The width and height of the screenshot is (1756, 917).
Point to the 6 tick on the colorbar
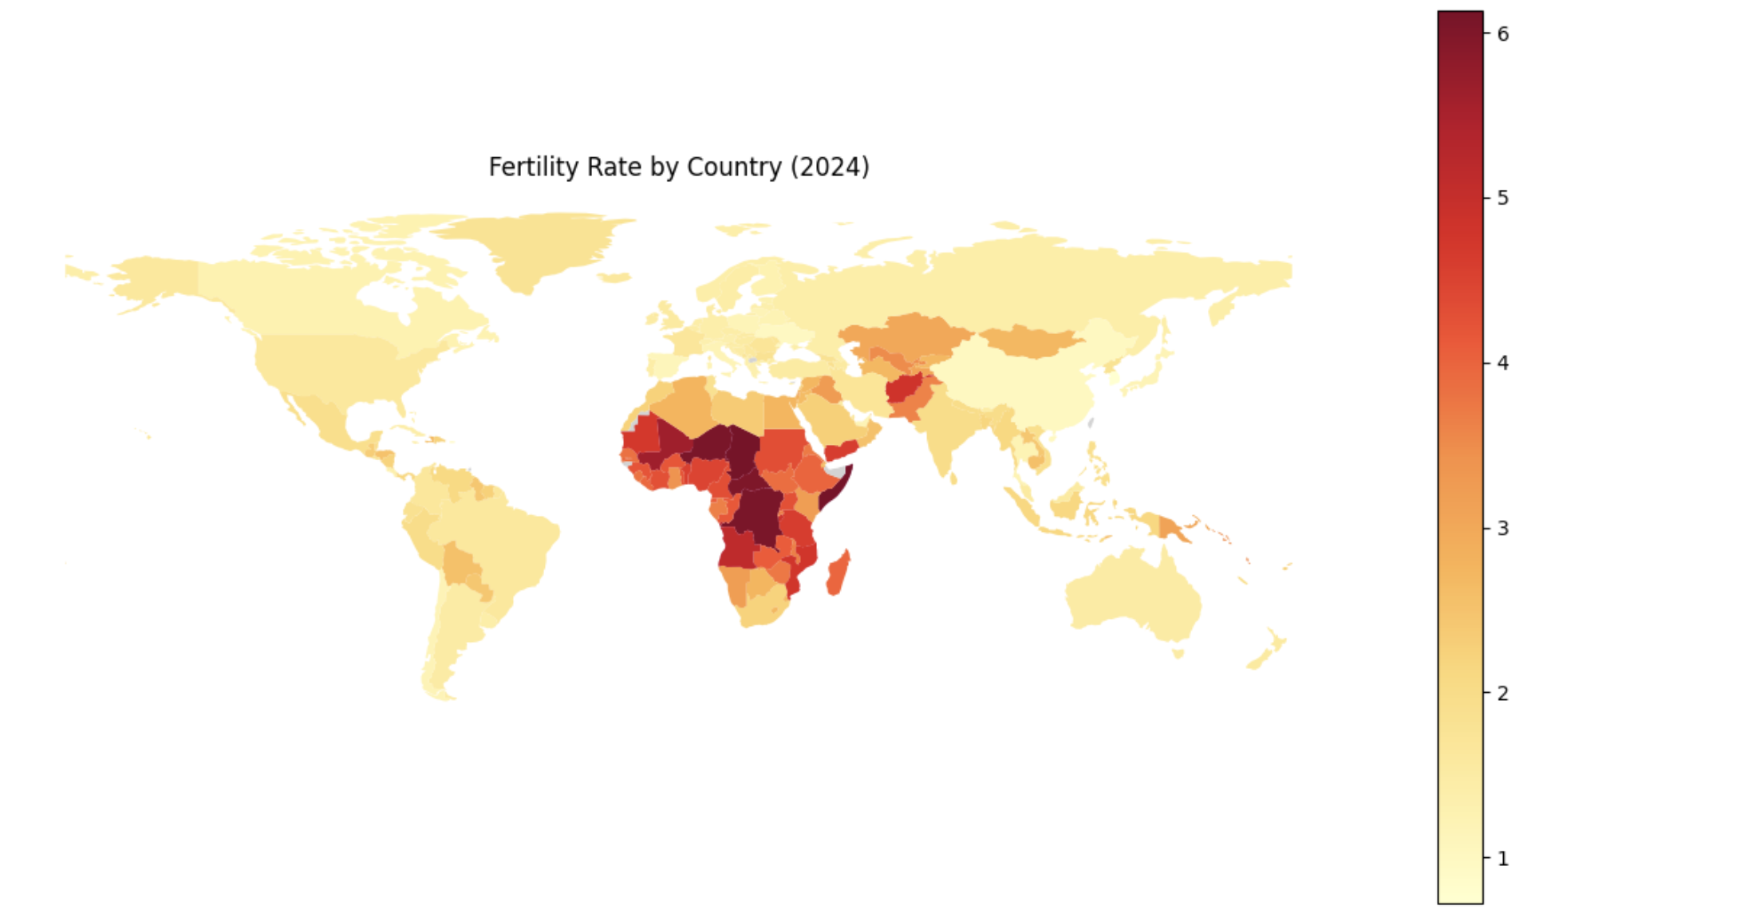pos(1502,33)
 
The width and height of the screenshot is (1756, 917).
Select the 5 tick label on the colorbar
pos(1502,198)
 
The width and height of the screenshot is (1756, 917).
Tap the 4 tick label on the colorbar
pos(1502,363)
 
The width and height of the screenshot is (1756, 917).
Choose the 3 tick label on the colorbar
pos(1502,528)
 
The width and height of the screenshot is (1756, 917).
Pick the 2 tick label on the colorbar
pos(1502,693)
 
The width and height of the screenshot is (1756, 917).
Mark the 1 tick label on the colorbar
pos(1502,859)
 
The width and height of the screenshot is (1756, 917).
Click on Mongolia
pos(1029,340)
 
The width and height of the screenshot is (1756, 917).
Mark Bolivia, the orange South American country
pos(460,565)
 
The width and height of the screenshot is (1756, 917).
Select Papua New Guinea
pos(1171,527)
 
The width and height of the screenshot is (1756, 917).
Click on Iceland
pos(614,277)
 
